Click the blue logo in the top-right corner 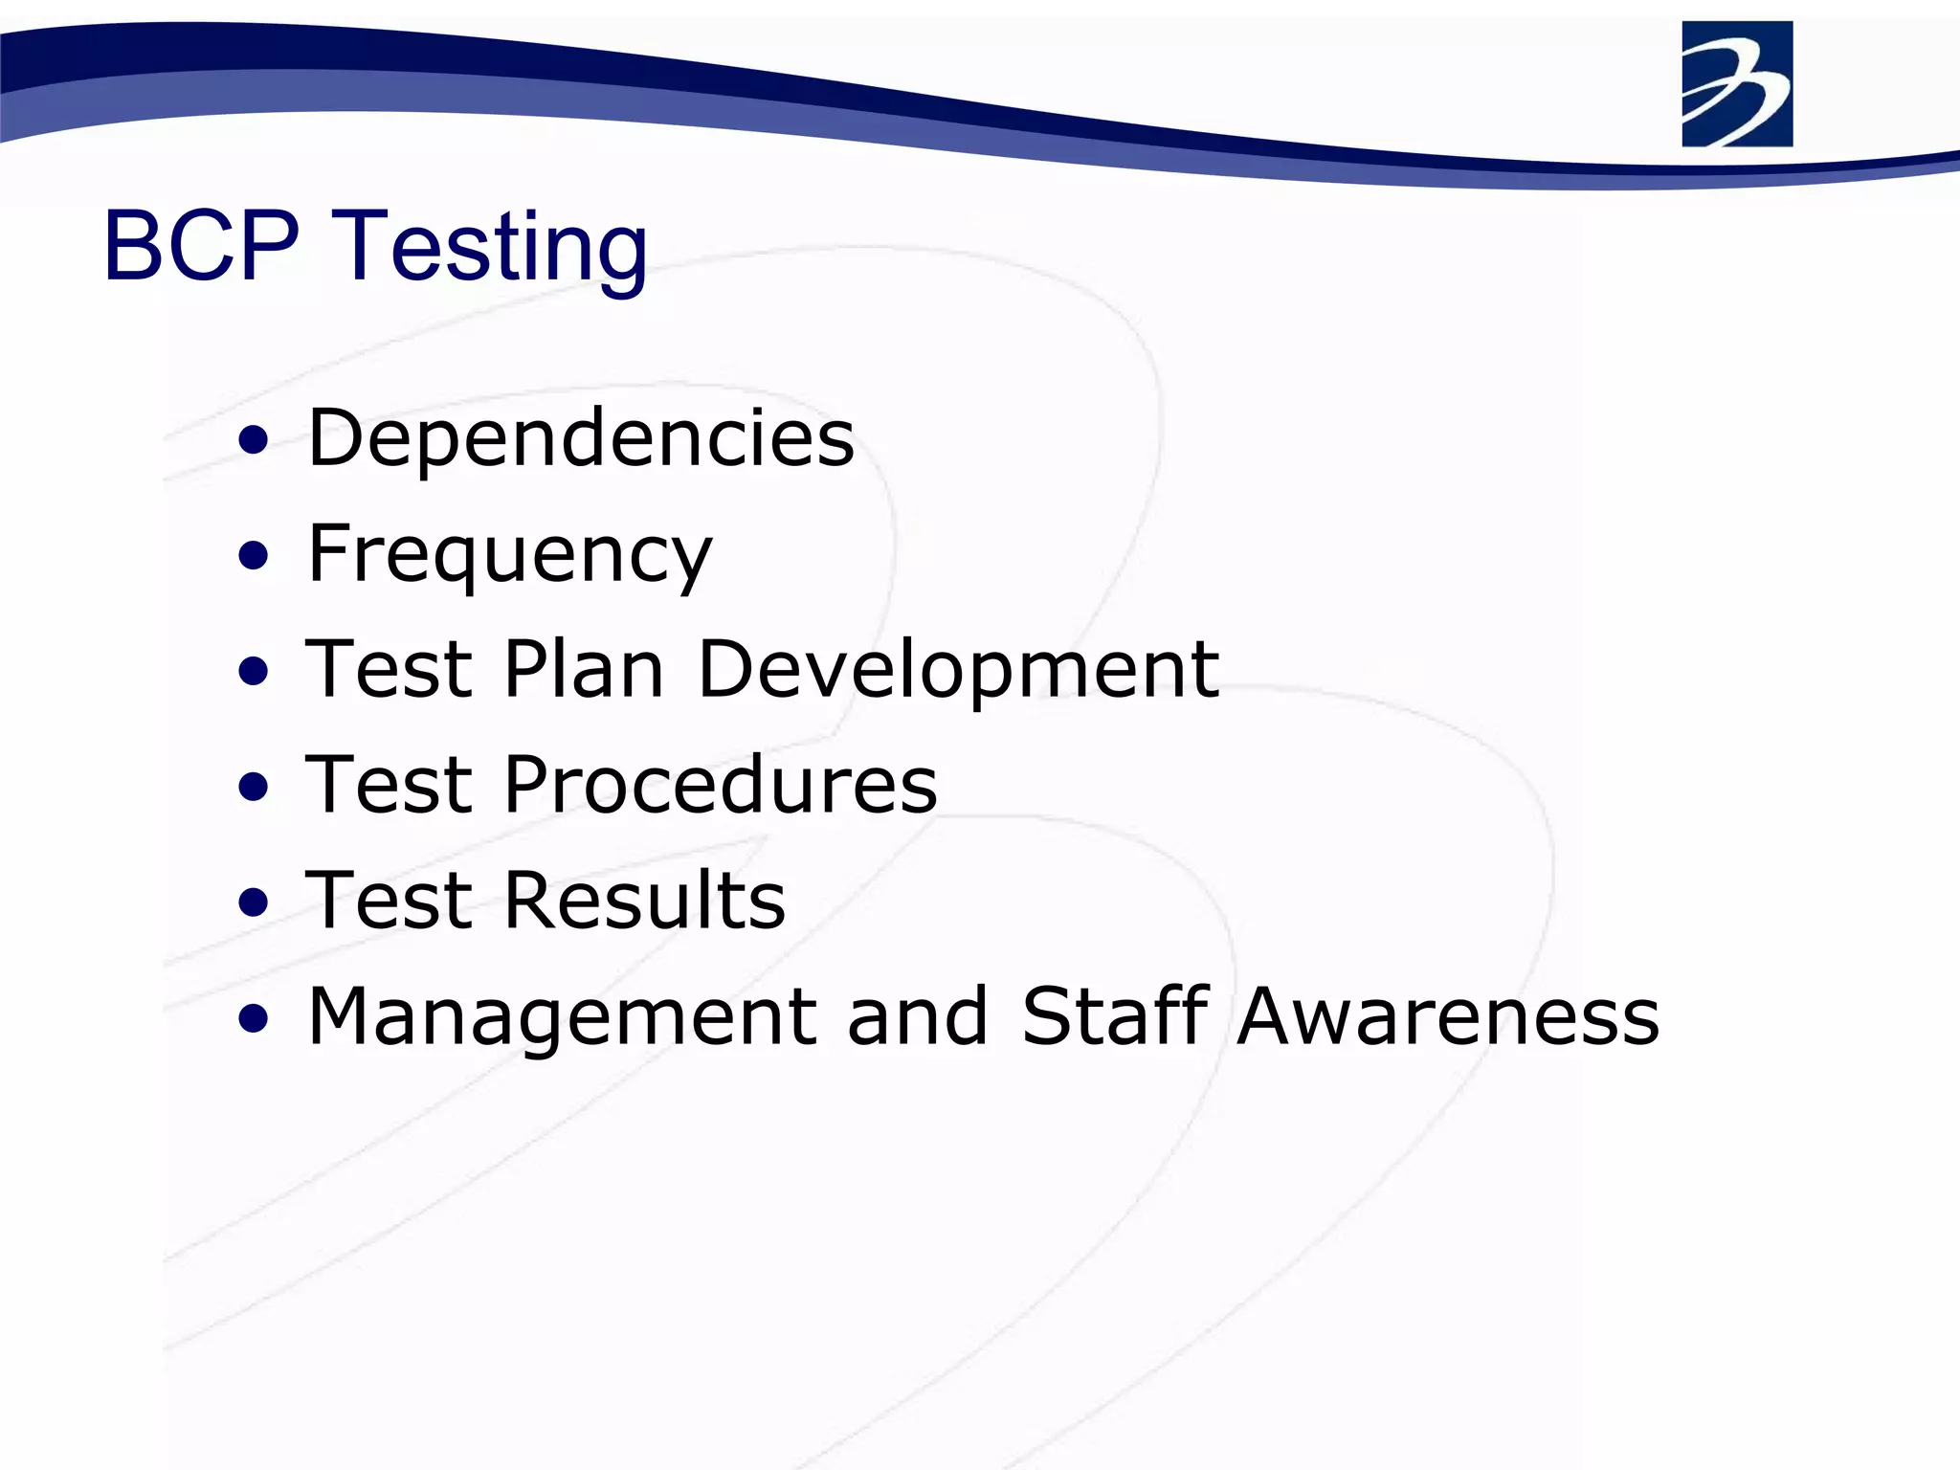1736,84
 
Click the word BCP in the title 201,247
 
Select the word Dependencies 580,438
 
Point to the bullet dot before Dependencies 254,441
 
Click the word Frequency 509,555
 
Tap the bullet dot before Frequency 254,556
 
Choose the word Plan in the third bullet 584,669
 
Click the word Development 957,671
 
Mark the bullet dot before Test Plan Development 254,672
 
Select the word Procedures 720,785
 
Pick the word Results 644,901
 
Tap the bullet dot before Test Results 254,902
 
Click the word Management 562,1018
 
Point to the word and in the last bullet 917,1016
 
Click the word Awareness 1448,1016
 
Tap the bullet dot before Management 254,1018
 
